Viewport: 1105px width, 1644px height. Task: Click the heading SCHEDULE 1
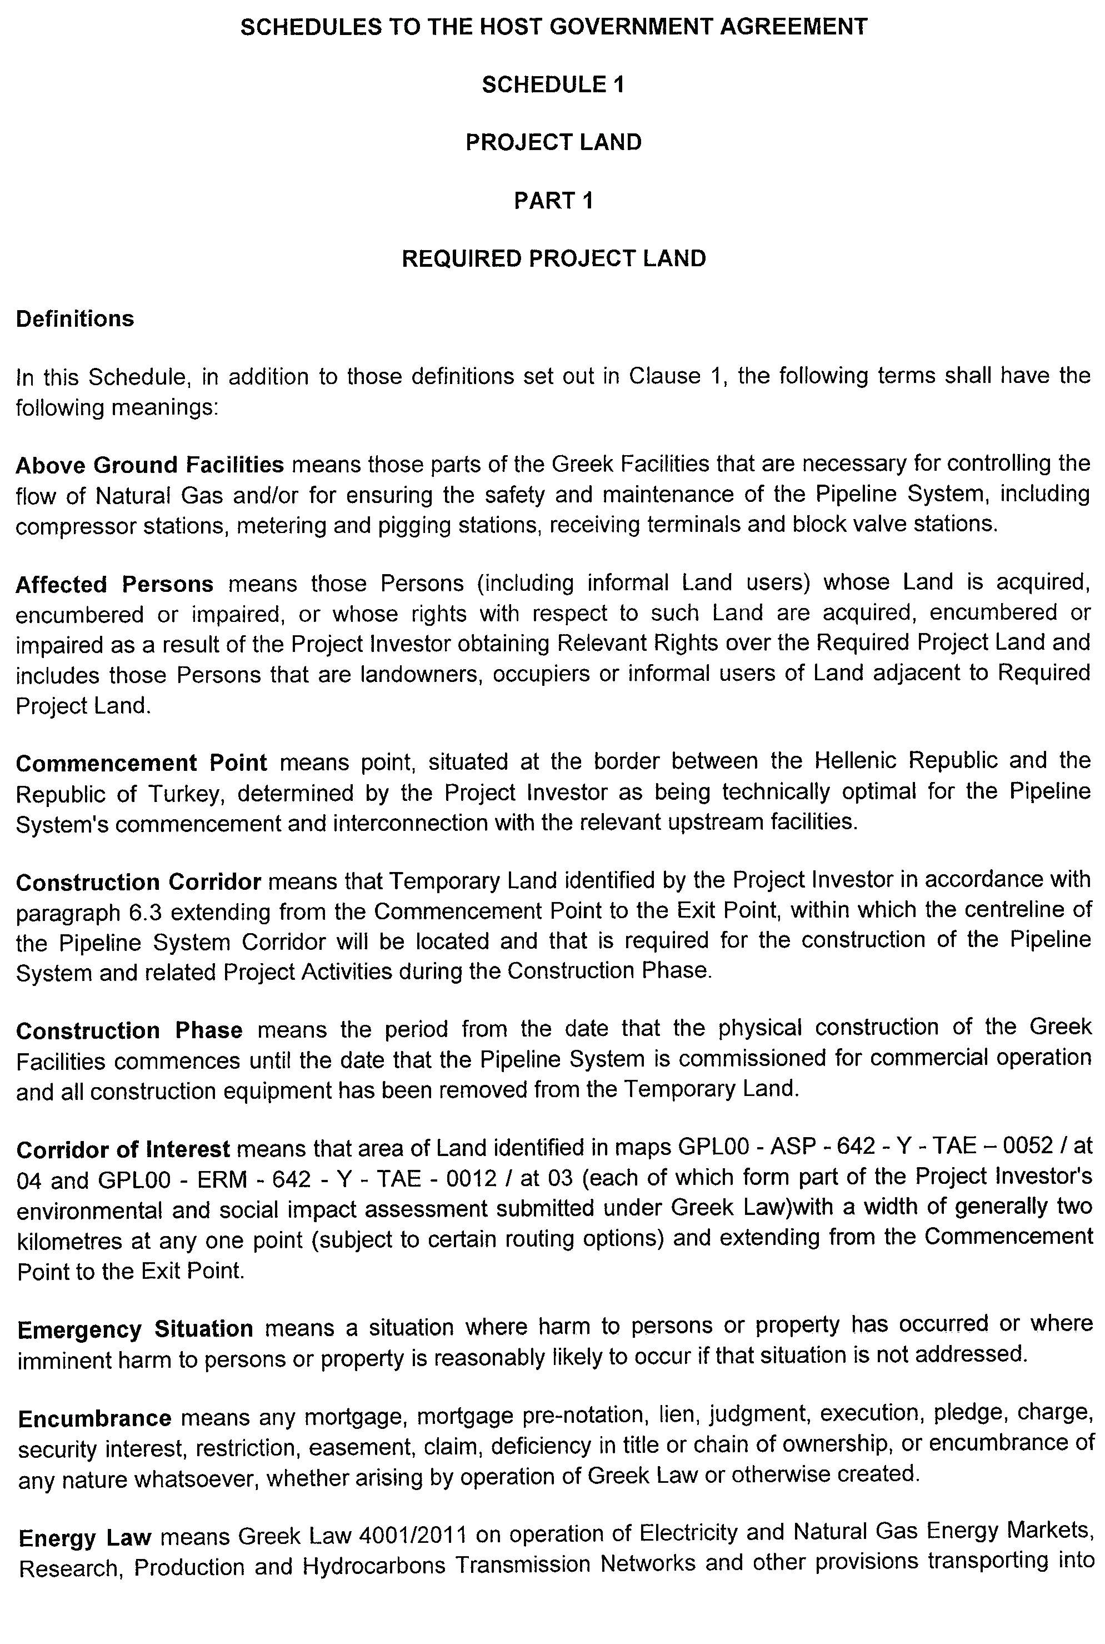tap(553, 84)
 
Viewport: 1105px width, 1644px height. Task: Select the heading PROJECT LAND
tap(553, 142)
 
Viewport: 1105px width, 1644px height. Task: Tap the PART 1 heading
tap(553, 201)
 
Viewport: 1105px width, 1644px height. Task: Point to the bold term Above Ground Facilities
tap(149, 465)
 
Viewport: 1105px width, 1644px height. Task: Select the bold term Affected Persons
tap(114, 585)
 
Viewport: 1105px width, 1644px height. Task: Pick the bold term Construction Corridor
tap(138, 882)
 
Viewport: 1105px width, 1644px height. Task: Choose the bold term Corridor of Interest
tap(123, 1150)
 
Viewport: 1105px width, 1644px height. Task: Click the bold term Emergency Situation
tap(136, 1329)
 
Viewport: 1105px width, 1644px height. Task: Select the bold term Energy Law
tap(84, 1537)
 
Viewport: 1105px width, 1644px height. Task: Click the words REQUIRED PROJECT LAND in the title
tap(553, 259)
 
